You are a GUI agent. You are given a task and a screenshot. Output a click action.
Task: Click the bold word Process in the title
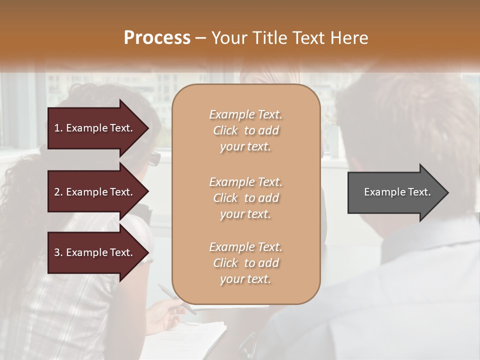tap(157, 38)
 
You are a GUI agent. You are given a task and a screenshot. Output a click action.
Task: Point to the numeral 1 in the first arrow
tap(56, 128)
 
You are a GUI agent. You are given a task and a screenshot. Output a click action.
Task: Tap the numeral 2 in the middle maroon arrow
tap(56, 192)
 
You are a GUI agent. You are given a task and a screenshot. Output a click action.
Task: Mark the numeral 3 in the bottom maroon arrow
tap(56, 252)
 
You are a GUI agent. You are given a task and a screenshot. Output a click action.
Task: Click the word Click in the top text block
tap(225, 130)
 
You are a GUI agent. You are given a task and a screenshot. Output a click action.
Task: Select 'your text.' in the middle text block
tap(245, 214)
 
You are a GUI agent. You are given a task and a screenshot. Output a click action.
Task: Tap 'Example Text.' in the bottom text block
tap(245, 247)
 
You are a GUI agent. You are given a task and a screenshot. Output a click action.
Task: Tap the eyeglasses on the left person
tap(154, 158)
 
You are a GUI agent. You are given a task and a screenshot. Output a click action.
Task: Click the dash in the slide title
tap(201, 38)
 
